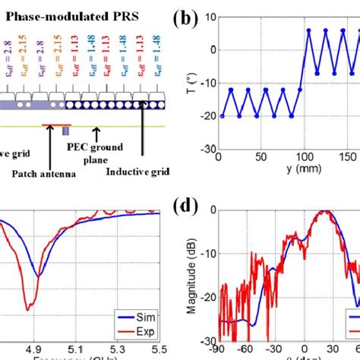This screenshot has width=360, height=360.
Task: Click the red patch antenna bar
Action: [57, 124]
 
